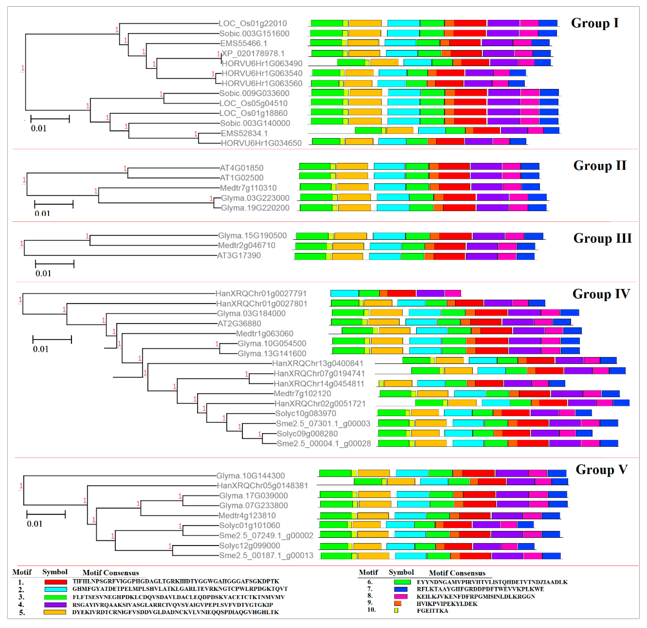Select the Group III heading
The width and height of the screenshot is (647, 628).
point(602,238)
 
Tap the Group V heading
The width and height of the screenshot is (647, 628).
point(601,470)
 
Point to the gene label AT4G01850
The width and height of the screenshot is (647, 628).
point(242,168)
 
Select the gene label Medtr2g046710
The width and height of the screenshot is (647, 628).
point(247,246)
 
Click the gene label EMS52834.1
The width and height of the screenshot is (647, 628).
point(244,133)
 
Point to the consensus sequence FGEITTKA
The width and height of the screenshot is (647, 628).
point(432,611)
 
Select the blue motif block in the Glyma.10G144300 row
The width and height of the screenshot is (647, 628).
point(557,473)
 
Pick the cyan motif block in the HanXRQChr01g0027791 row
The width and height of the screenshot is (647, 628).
point(345,293)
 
